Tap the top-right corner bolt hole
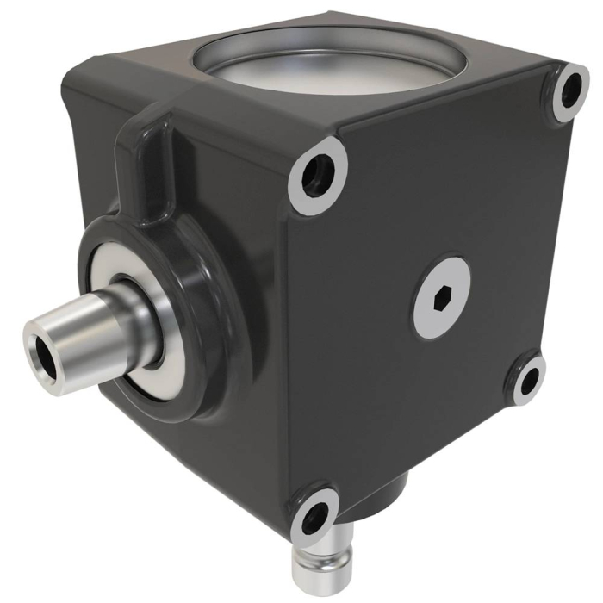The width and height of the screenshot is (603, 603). (569, 91)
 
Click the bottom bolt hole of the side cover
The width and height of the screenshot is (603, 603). (314, 515)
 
